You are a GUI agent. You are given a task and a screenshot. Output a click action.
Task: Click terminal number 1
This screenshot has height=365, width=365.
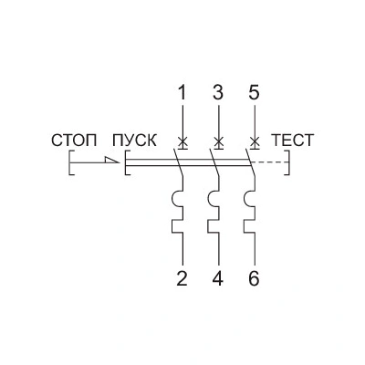182,93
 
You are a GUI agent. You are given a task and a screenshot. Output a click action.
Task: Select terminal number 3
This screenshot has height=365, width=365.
218,93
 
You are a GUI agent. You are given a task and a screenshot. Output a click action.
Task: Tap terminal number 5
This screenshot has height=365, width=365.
254,93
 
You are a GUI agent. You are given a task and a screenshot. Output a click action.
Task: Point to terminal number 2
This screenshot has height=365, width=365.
182,278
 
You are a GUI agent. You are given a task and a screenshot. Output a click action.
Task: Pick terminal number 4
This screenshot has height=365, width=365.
218,278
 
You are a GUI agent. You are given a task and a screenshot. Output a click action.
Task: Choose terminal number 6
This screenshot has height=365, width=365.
254,278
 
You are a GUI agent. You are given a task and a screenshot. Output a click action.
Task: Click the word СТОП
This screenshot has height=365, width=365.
74,141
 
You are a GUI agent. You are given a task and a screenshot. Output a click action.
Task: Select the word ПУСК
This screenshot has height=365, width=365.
134,141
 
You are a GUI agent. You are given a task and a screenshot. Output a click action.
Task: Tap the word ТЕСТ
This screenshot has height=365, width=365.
292,141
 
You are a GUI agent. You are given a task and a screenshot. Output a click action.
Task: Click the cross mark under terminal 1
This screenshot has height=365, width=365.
182,141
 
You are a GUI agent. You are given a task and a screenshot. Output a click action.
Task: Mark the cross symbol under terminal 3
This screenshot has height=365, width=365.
218,141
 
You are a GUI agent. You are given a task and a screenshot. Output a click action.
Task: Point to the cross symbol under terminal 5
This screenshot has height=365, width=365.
255,141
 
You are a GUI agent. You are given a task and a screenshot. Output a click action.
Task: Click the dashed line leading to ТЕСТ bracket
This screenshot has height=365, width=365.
268,162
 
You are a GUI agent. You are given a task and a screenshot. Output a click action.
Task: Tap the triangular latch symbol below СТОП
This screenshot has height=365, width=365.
111,160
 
